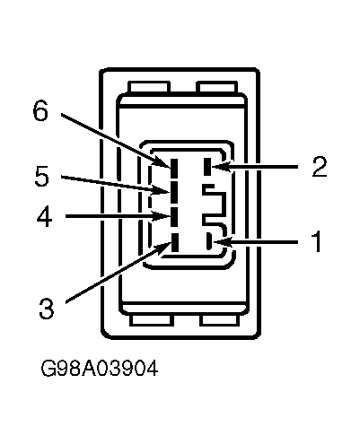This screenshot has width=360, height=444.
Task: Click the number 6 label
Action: (40, 110)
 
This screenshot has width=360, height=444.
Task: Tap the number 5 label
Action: (42, 177)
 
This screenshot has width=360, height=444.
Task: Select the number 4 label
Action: (45, 216)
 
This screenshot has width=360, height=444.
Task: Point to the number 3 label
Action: (47, 309)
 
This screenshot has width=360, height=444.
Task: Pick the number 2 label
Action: (320, 166)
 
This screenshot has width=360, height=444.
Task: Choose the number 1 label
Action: (317, 241)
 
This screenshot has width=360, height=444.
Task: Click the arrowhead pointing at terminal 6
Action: (163, 162)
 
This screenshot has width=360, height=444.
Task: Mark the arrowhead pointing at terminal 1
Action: (222, 241)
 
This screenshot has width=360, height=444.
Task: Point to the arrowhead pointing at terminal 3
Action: (163, 248)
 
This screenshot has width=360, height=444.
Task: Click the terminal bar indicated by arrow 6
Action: (174, 168)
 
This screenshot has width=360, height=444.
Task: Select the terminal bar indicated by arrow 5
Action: (174, 192)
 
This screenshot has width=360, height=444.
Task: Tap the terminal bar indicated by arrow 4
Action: (174, 217)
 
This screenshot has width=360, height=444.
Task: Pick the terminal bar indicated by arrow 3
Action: (175, 243)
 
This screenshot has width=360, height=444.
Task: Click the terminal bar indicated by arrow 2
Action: (207, 167)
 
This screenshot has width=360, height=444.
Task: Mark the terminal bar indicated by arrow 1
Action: (209, 241)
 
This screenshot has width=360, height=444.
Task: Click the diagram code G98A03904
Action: (99, 368)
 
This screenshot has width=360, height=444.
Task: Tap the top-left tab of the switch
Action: (149, 87)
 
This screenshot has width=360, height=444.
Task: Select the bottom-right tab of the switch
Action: (220, 319)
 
